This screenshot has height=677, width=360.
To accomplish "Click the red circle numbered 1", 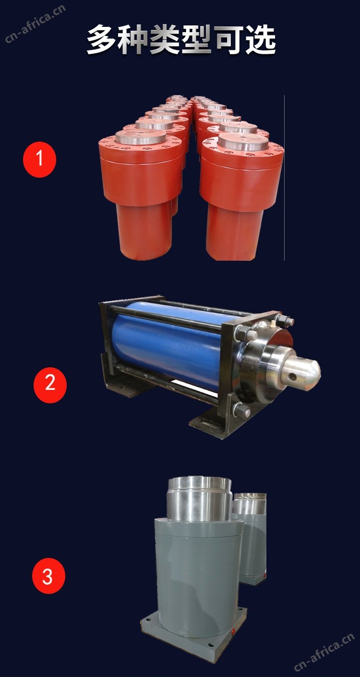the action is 39,159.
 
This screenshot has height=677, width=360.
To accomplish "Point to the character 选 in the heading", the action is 261,39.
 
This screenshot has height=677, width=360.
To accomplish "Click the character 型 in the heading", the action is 196,39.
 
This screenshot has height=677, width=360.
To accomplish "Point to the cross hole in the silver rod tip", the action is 292,376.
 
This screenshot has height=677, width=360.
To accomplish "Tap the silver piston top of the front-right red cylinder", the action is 243,142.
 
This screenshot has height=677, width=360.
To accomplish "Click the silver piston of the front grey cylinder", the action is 200,499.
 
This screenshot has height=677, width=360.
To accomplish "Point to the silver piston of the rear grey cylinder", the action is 250,504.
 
